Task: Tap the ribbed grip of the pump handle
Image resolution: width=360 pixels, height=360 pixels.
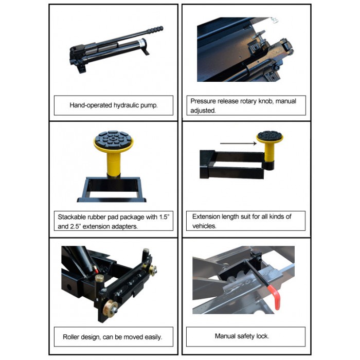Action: (155, 30)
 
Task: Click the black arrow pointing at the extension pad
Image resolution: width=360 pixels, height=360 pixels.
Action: (238, 143)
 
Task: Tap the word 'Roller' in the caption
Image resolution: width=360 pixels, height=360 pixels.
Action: (70, 337)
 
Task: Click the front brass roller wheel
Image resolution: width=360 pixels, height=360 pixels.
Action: (110, 309)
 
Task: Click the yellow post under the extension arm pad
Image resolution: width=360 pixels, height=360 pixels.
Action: (269, 152)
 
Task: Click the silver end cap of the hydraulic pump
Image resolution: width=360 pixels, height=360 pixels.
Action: (142, 43)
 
